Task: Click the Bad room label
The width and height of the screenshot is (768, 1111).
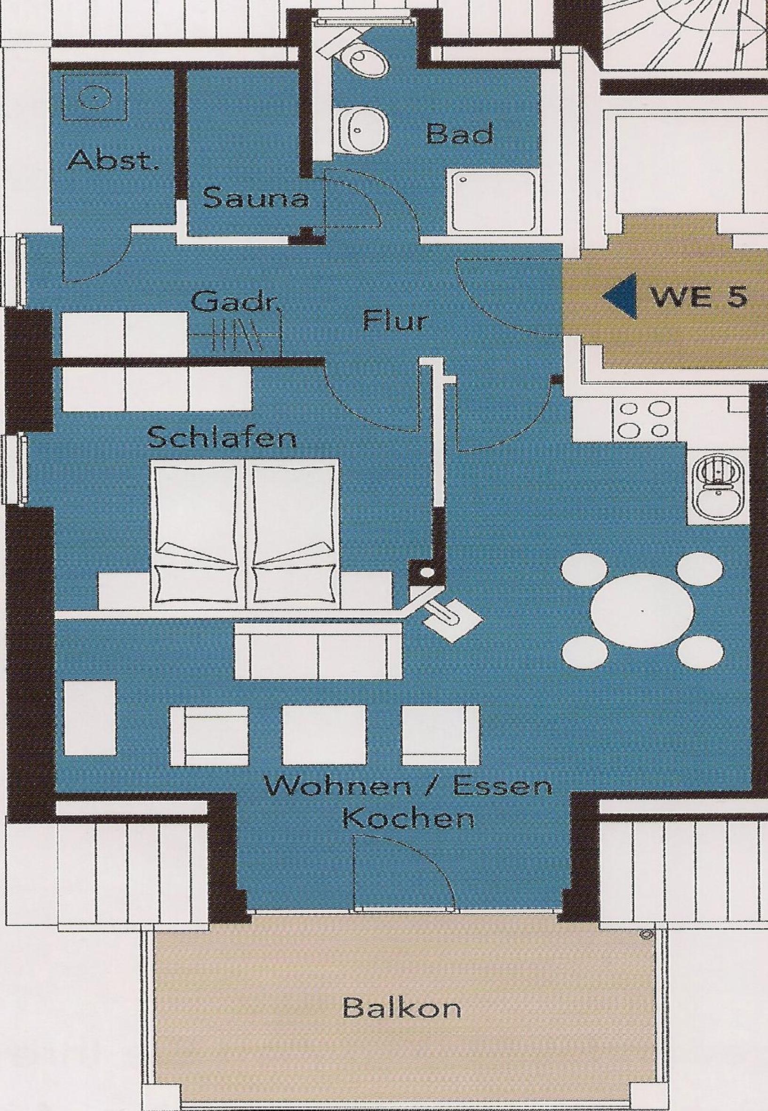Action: coord(460,134)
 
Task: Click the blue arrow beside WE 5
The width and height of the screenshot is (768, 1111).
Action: coord(619,296)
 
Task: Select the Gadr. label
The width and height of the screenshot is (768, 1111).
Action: coord(235,303)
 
